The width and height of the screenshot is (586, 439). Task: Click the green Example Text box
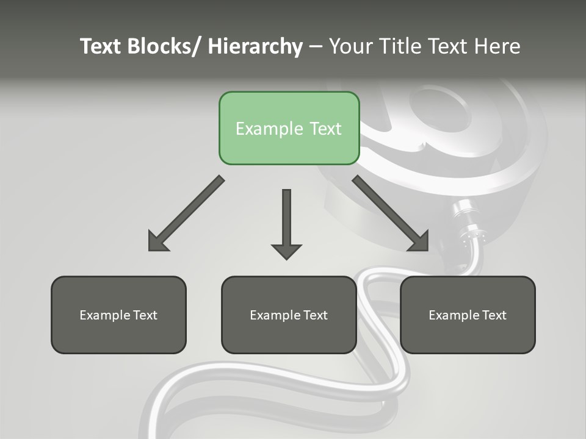click(289, 128)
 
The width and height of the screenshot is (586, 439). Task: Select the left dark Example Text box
click(118, 315)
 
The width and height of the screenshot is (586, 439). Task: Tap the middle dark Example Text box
click(289, 315)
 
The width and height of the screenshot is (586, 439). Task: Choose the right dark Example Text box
click(468, 315)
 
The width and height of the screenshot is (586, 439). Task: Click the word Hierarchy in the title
click(255, 46)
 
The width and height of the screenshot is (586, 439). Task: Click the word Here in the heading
click(497, 46)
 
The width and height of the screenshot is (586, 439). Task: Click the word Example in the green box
click(261, 129)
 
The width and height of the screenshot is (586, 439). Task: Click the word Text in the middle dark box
click(316, 315)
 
